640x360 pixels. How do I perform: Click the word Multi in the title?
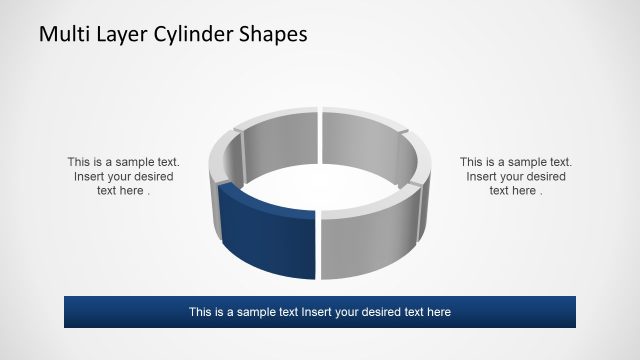point(62,34)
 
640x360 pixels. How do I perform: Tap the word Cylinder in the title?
point(196,34)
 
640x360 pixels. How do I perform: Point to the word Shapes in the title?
point(272,34)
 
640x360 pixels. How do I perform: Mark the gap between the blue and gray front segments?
point(318,245)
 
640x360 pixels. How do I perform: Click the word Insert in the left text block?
point(90,176)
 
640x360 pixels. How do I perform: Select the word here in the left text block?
point(132,191)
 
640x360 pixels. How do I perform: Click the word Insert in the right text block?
point(482,176)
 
